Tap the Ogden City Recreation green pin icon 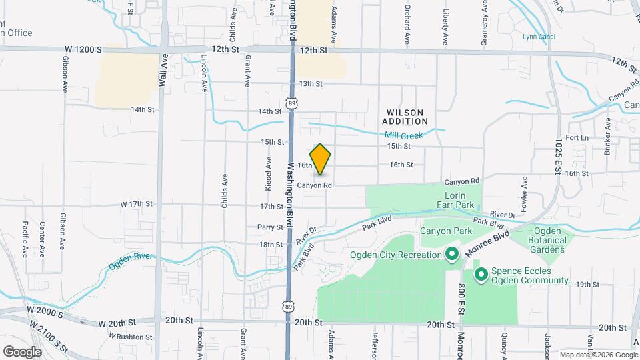(451, 255)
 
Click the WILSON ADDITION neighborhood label (405, 117)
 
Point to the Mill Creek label (404, 135)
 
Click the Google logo (22, 351)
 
